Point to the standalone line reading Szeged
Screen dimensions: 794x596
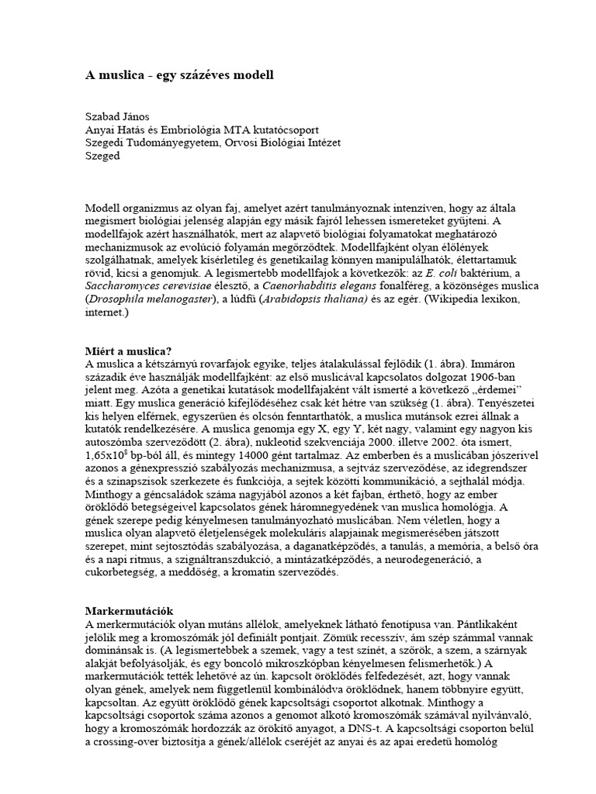pyautogui.click(x=102, y=157)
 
